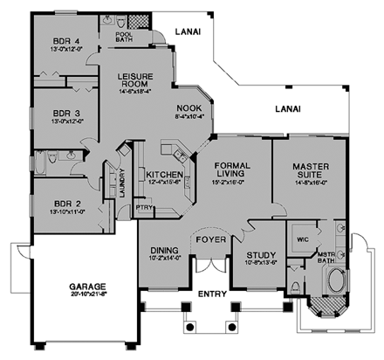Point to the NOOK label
click(x=189, y=106)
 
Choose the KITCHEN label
click(x=163, y=175)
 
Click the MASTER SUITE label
click(x=310, y=170)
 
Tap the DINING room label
click(x=162, y=249)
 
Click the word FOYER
click(x=210, y=239)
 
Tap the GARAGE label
click(x=84, y=286)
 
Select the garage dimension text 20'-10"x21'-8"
click(x=84, y=296)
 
